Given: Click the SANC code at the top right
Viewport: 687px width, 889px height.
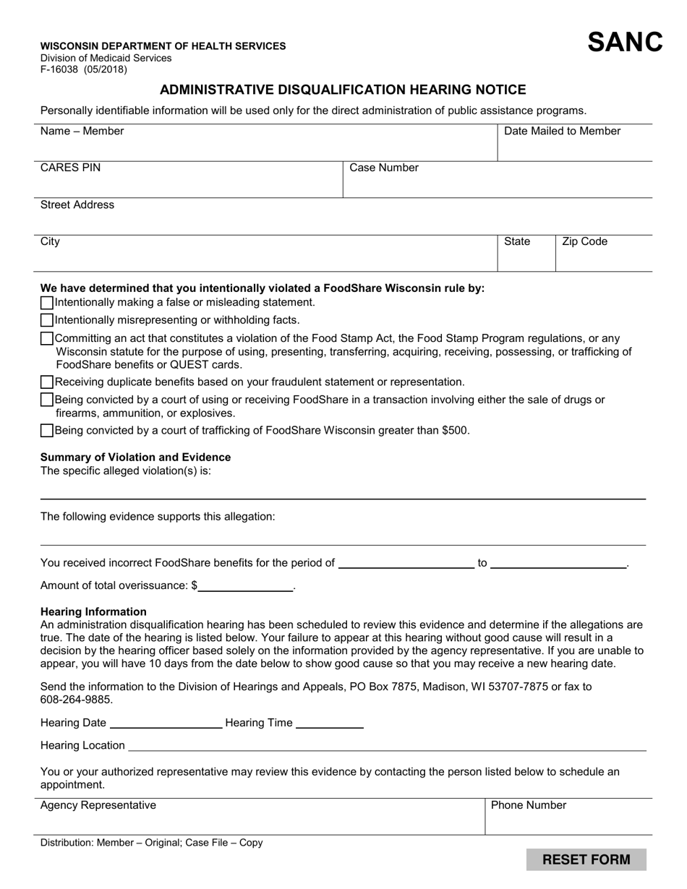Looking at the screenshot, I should tap(625, 43).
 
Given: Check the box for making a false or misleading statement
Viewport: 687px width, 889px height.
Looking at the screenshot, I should tap(47, 303).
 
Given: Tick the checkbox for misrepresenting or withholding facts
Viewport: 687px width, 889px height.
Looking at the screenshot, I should tap(47, 320).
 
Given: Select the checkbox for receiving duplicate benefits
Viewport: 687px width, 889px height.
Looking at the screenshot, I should tap(47, 382).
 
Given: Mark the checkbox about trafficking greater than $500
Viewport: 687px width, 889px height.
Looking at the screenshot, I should tap(47, 431).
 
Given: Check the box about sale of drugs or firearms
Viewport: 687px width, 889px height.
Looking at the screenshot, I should tap(47, 400).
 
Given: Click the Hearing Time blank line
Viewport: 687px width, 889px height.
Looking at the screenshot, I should tap(330, 723).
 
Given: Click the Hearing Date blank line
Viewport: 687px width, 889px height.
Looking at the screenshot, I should tap(166, 723).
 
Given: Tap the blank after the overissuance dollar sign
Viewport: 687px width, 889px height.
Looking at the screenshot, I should tap(246, 586).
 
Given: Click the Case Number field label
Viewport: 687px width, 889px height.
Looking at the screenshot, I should tap(384, 168).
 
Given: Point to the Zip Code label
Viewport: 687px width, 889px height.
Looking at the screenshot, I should tap(584, 241).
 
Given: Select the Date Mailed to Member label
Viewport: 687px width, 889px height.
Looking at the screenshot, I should tap(562, 131).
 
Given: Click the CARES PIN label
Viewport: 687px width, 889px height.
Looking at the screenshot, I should tap(71, 168).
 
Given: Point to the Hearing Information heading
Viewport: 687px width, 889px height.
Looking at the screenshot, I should tap(93, 611).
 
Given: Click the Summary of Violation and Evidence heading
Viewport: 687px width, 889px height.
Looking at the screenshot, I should tap(135, 457).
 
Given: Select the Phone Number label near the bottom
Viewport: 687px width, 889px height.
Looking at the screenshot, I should tap(529, 805).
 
